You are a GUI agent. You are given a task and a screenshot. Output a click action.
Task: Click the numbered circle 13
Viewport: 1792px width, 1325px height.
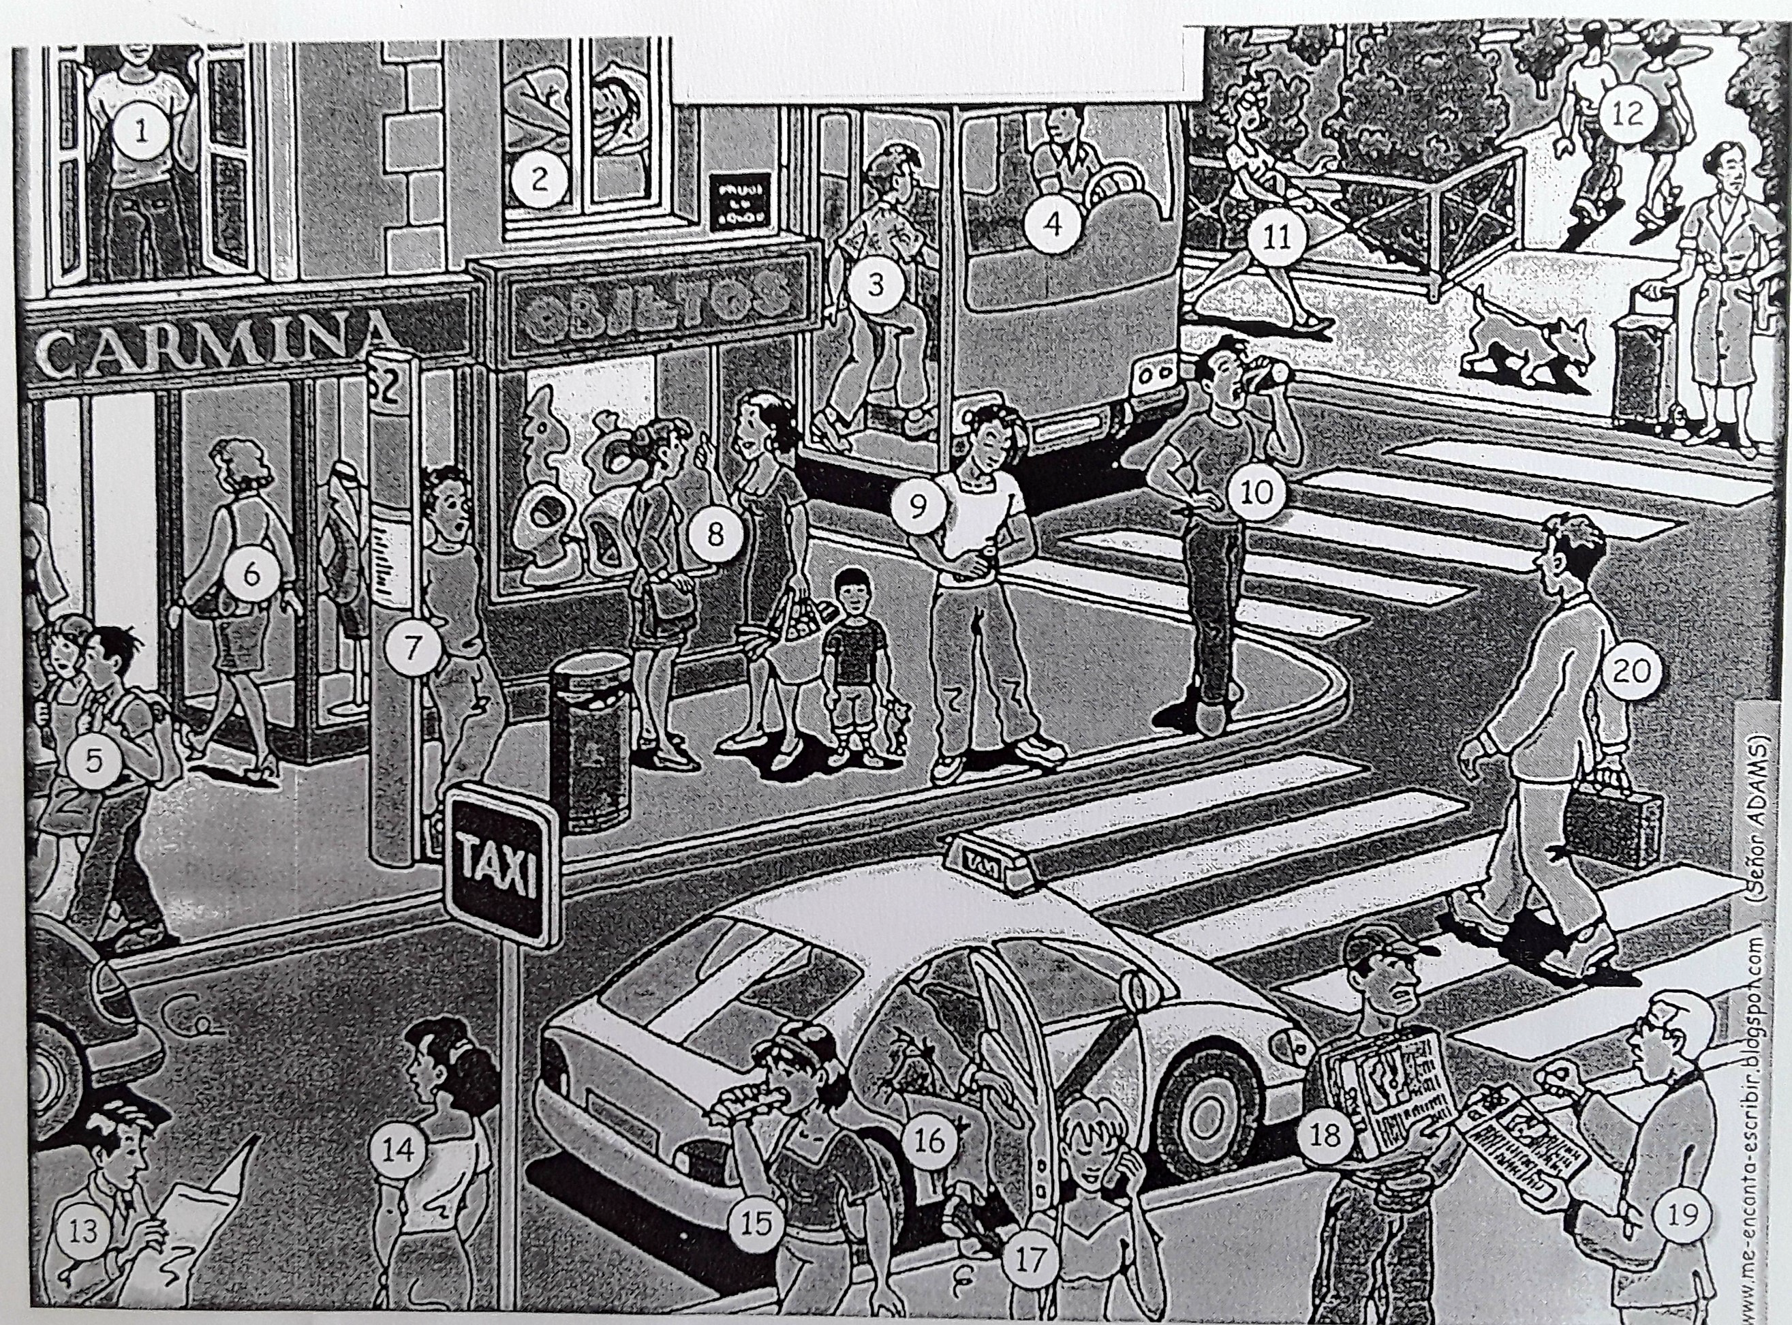tap(82, 1253)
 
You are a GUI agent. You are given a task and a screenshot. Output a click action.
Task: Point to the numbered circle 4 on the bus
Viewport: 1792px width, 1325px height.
tap(1053, 224)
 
